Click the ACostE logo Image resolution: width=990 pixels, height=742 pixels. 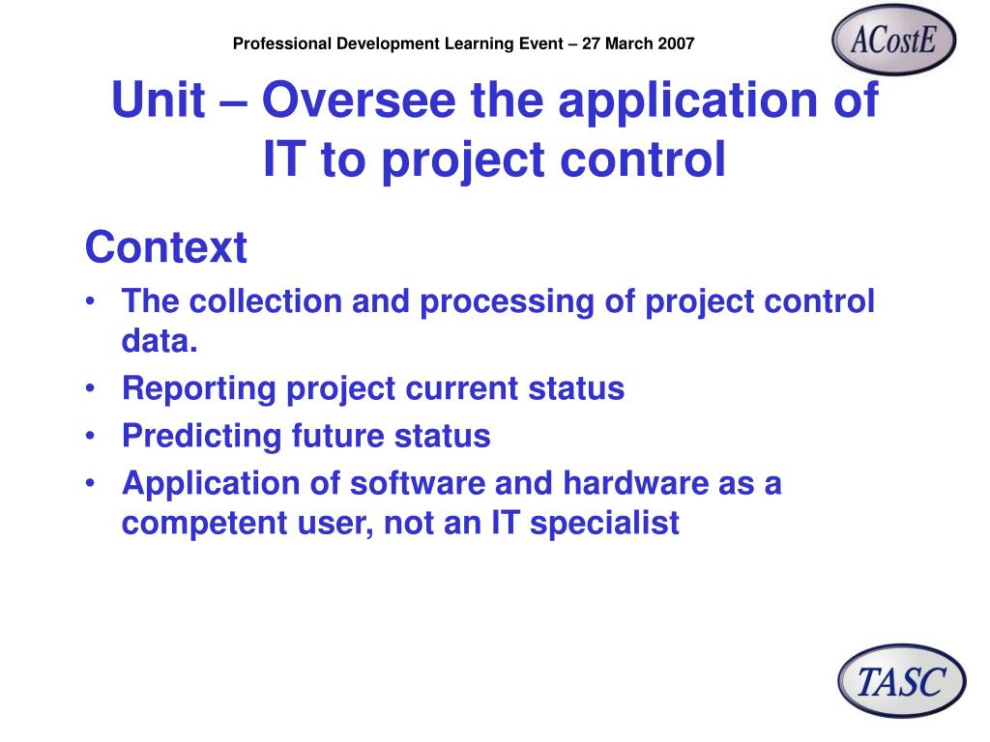click(893, 40)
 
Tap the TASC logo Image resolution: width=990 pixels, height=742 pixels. click(902, 681)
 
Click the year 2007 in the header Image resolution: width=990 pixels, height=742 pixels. click(676, 43)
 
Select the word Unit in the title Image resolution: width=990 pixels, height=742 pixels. click(159, 100)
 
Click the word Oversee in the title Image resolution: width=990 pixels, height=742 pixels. click(359, 100)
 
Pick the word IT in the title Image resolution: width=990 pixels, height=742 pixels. click(285, 159)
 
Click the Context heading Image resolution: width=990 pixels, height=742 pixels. click(165, 247)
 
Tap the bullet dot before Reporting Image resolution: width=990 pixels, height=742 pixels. click(91, 387)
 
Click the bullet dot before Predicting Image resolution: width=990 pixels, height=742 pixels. click(91, 435)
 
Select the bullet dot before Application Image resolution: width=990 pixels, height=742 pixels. click(91, 483)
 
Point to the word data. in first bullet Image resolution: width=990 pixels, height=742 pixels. click(160, 341)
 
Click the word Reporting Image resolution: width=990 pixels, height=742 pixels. click(199, 389)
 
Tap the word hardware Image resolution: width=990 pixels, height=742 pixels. click(636, 483)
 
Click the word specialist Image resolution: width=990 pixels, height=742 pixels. click(604, 524)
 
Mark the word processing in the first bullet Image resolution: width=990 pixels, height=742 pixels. click(507, 302)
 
